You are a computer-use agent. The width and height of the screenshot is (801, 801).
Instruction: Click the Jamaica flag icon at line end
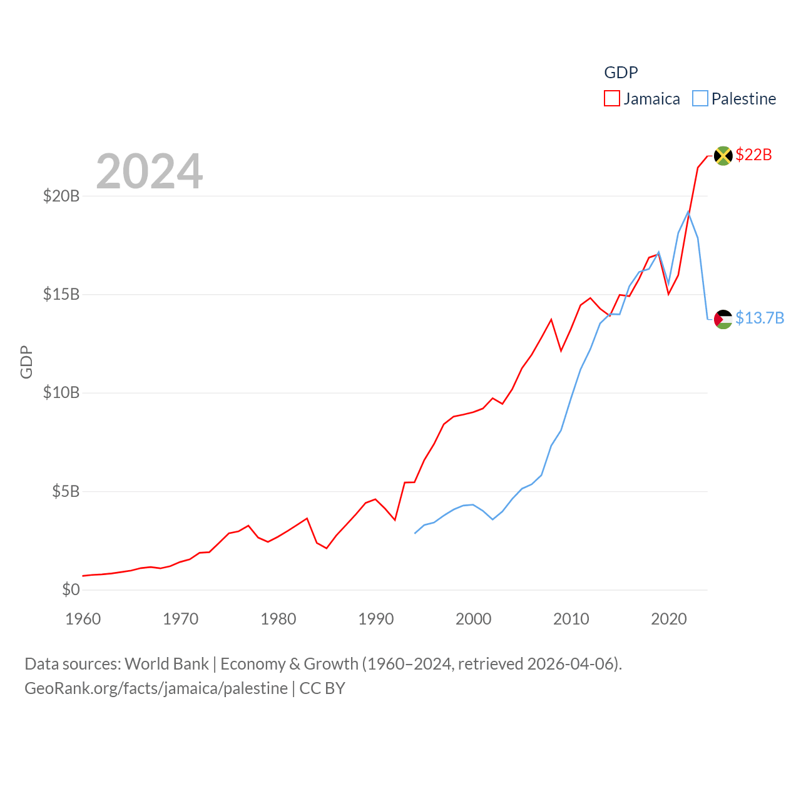coord(723,155)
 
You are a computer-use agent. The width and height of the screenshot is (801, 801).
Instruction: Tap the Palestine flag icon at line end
coord(723,319)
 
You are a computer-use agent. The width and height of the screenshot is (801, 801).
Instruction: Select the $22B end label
coord(753,155)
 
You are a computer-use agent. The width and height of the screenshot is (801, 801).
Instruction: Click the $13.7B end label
coord(760,318)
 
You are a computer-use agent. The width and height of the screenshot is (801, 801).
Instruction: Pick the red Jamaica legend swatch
coord(611,99)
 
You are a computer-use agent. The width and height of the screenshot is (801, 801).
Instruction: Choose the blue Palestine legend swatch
coord(700,99)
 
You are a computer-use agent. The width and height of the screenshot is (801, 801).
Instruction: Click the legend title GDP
coord(621,73)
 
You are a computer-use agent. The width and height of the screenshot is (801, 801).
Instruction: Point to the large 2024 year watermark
coord(150,171)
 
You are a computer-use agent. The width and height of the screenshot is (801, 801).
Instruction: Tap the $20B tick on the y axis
coord(61,196)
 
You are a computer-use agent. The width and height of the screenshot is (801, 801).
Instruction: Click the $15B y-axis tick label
coord(61,294)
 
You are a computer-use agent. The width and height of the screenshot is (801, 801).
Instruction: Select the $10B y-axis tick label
coord(61,393)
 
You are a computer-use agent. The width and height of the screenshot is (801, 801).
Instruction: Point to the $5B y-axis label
coord(66,491)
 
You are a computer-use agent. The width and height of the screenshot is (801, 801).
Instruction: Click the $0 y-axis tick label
coord(71,589)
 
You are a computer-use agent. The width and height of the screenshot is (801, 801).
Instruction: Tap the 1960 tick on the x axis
coord(83,619)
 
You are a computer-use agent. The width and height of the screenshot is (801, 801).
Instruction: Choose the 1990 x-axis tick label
coord(376,619)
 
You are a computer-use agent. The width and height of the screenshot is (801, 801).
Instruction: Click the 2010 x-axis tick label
coord(571,619)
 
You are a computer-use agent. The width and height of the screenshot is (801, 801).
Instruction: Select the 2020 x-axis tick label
coord(669,619)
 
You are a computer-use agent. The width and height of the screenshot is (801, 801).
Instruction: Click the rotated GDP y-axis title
coord(26,362)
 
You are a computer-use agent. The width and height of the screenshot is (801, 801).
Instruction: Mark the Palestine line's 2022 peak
coord(688,212)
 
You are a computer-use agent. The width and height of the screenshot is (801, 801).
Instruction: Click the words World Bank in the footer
coord(166,663)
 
